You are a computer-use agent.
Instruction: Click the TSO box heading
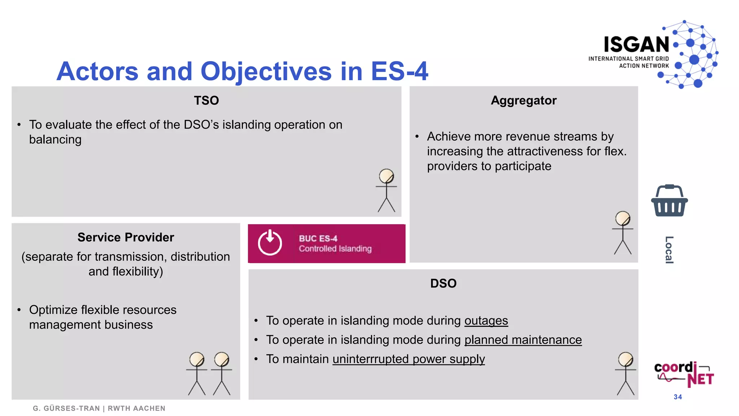tap(206, 100)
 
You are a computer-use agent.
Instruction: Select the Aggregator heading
tap(523, 100)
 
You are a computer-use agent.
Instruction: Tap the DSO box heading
tap(443, 283)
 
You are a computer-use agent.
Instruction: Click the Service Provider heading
tap(126, 237)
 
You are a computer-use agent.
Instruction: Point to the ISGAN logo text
tap(636, 45)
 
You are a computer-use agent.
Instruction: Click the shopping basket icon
tap(669, 201)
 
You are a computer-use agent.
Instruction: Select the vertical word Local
tap(669, 250)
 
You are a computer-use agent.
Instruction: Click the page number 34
tap(678, 397)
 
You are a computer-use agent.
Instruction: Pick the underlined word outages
tap(486, 321)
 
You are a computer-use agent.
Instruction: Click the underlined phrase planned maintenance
tap(523, 340)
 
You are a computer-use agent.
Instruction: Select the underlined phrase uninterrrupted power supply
tap(408, 359)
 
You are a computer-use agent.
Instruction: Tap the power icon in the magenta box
tap(270, 243)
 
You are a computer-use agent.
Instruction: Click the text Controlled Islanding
tap(335, 249)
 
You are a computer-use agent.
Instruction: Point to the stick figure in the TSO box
tap(386, 190)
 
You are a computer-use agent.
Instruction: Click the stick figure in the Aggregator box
tap(622, 233)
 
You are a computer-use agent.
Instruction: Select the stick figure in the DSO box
tap(625, 373)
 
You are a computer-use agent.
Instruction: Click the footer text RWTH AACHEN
tap(136, 408)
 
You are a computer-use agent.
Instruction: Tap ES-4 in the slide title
tap(399, 71)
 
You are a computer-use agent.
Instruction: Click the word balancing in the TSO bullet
tap(55, 140)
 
